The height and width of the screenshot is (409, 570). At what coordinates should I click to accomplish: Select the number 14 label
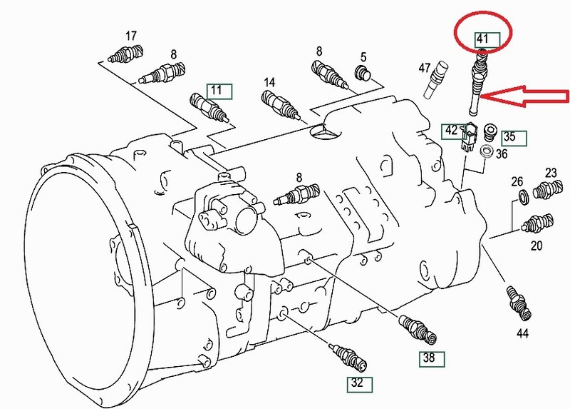click(269, 82)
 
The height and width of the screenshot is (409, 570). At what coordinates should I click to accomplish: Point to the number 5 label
click(363, 56)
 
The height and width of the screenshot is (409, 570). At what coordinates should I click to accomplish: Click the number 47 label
click(425, 68)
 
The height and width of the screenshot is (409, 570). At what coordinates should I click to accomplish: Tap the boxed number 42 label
click(451, 131)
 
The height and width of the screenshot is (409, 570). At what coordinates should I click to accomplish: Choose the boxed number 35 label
click(509, 136)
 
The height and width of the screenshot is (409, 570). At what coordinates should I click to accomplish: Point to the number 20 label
click(536, 246)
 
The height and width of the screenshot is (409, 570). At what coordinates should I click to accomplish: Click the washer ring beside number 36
click(486, 151)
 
